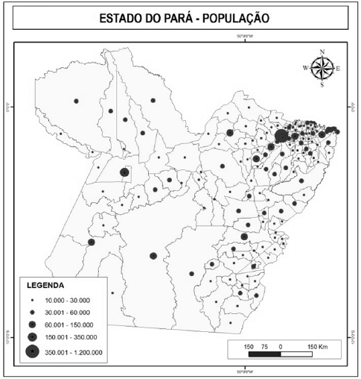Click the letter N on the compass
322,52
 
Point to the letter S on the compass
322,85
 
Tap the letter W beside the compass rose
306,69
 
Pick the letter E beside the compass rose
338,69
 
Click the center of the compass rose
322,69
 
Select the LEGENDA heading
47,285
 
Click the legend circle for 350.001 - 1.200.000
33,352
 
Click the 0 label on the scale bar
281,347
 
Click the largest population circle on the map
281,136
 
